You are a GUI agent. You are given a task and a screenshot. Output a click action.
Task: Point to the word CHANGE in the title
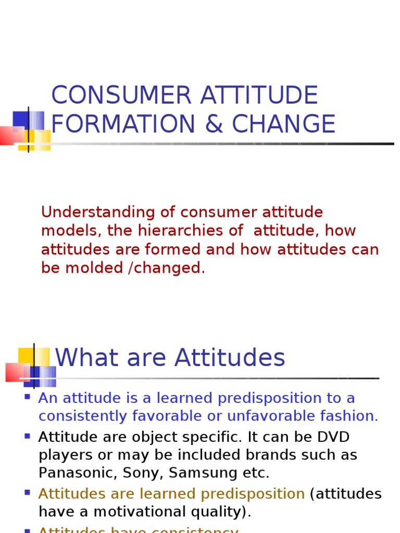pos(284,124)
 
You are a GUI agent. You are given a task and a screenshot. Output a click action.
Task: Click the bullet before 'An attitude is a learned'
pos(27,397)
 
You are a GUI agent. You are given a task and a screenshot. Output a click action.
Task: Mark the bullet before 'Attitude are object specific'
pos(27,436)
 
